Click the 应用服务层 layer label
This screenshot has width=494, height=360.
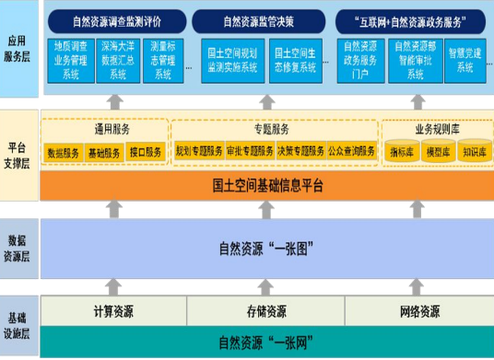19,49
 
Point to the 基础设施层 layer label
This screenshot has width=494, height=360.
19,323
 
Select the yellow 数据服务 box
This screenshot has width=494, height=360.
64,151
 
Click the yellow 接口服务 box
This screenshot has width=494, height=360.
146,151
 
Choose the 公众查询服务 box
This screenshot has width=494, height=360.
350,150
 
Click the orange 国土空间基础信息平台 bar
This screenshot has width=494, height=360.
267,185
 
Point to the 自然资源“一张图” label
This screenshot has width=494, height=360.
267,247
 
